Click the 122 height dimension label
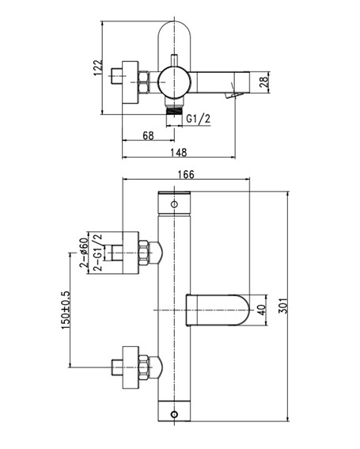[x=98, y=67]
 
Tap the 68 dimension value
[x=148, y=135]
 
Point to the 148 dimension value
[x=179, y=152]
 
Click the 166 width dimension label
[x=186, y=174]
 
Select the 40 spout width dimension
[x=262, y=310]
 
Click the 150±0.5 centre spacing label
[x=66, y=310]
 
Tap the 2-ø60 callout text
[x=83, y=253]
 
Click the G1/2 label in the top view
[x=199, y=119]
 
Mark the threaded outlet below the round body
[x=174, y=111]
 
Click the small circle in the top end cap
[x=174, y=204]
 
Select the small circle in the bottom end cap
[x=174, y=414]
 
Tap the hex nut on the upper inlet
[x=143, y=253]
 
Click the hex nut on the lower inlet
[x=143, y=367]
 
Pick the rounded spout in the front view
[x=218, y=310]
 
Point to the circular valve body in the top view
[x=174, y=82]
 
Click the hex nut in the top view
[x=143, y=82]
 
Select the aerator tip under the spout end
[x=234, y=95]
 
